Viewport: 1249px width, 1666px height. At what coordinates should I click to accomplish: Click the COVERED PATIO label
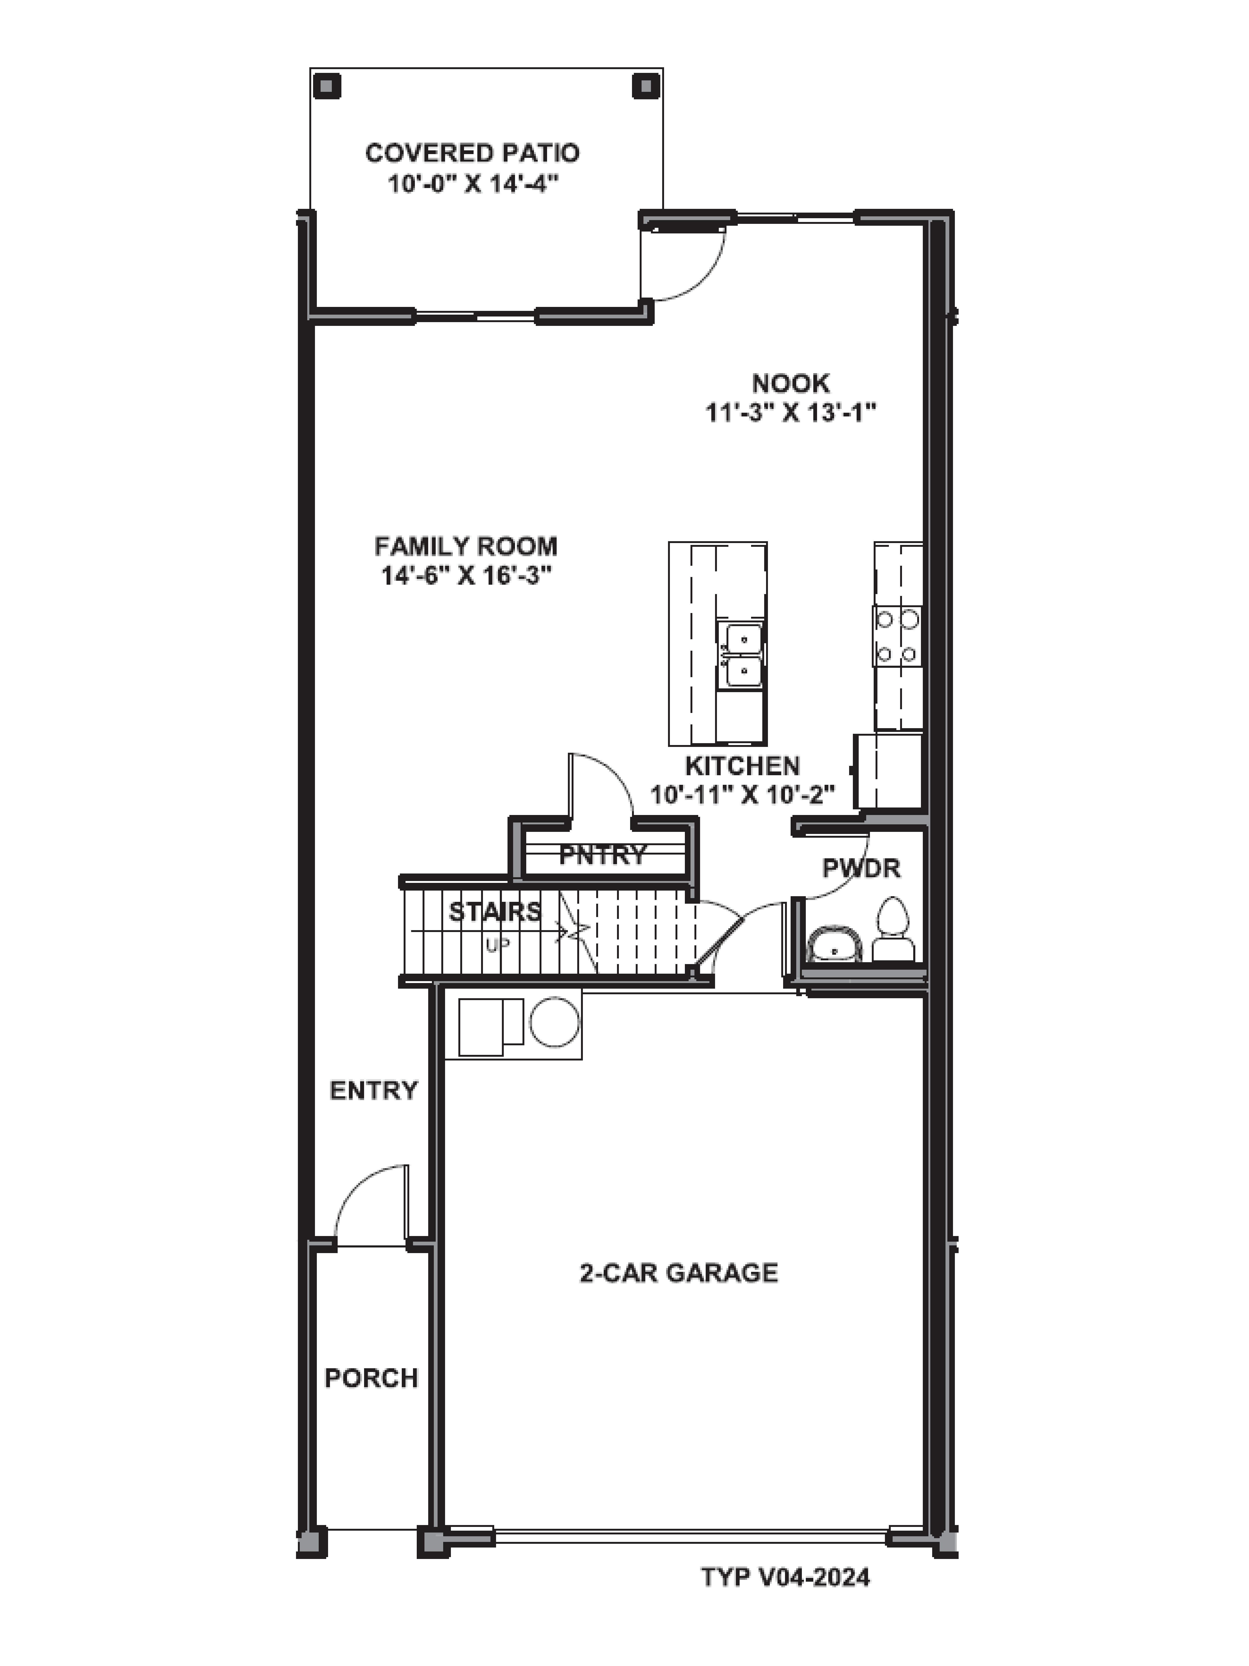[x=472, y=153]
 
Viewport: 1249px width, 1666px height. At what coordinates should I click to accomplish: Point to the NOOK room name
[x=790, y=383]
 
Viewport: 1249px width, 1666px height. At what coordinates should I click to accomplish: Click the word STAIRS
[x=495, y=912]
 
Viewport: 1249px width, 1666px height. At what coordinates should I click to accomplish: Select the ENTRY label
[x=373, y=1090]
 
